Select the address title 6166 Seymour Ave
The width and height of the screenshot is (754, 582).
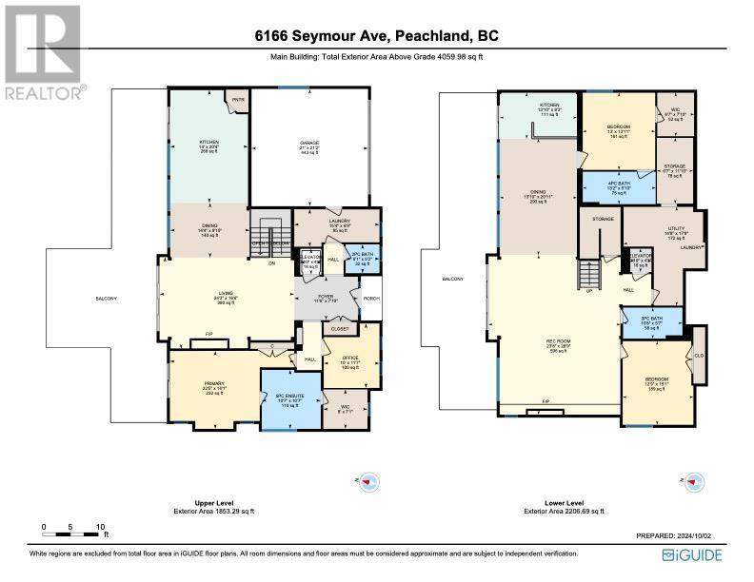click(376, 36)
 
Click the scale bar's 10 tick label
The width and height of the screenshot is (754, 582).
click(100, 526)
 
